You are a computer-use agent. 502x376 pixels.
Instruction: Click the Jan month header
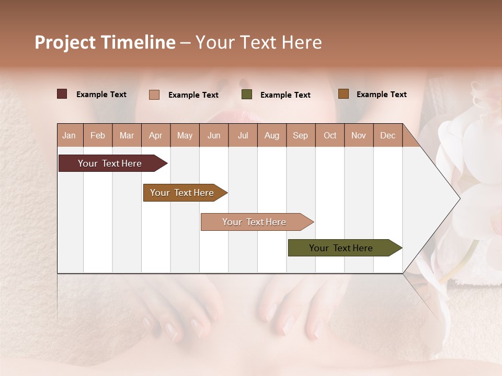coord(69,136)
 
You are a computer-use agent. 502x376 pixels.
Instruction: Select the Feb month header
coord(98,136)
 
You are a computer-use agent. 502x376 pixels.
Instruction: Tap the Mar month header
coord(127,136)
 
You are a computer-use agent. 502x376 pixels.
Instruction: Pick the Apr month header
coord(155,136)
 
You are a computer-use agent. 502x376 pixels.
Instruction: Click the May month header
coord(185,136)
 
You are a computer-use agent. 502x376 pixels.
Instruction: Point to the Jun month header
coord(214,136)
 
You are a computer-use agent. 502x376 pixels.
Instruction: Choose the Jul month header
coord(243,136)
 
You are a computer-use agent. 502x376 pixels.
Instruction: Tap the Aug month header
coord(272,136)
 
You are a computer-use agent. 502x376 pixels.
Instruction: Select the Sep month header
coord(300,136)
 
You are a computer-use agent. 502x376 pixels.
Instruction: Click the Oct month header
coord(330,136)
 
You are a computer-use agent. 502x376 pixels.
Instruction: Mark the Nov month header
coord(359,136)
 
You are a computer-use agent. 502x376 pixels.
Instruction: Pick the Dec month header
coord(387,136)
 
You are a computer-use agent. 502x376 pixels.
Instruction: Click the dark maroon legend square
coord(62,94)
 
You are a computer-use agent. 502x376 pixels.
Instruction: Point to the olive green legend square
coord(247,95)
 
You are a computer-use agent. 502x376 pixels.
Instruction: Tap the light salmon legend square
coord(154,95)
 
